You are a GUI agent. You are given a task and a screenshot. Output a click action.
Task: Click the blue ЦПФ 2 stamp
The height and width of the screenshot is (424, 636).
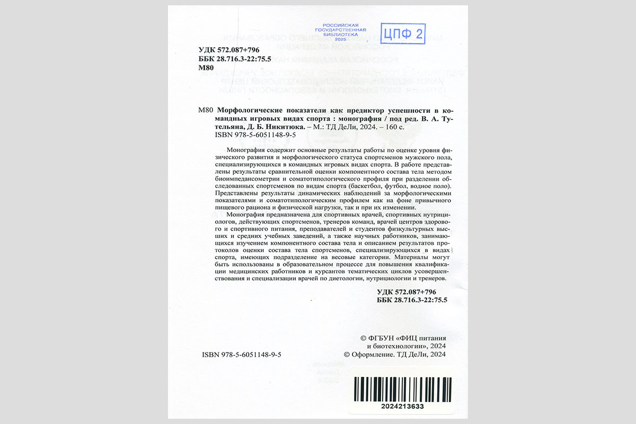pyautogui.click(x=403, y=34)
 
